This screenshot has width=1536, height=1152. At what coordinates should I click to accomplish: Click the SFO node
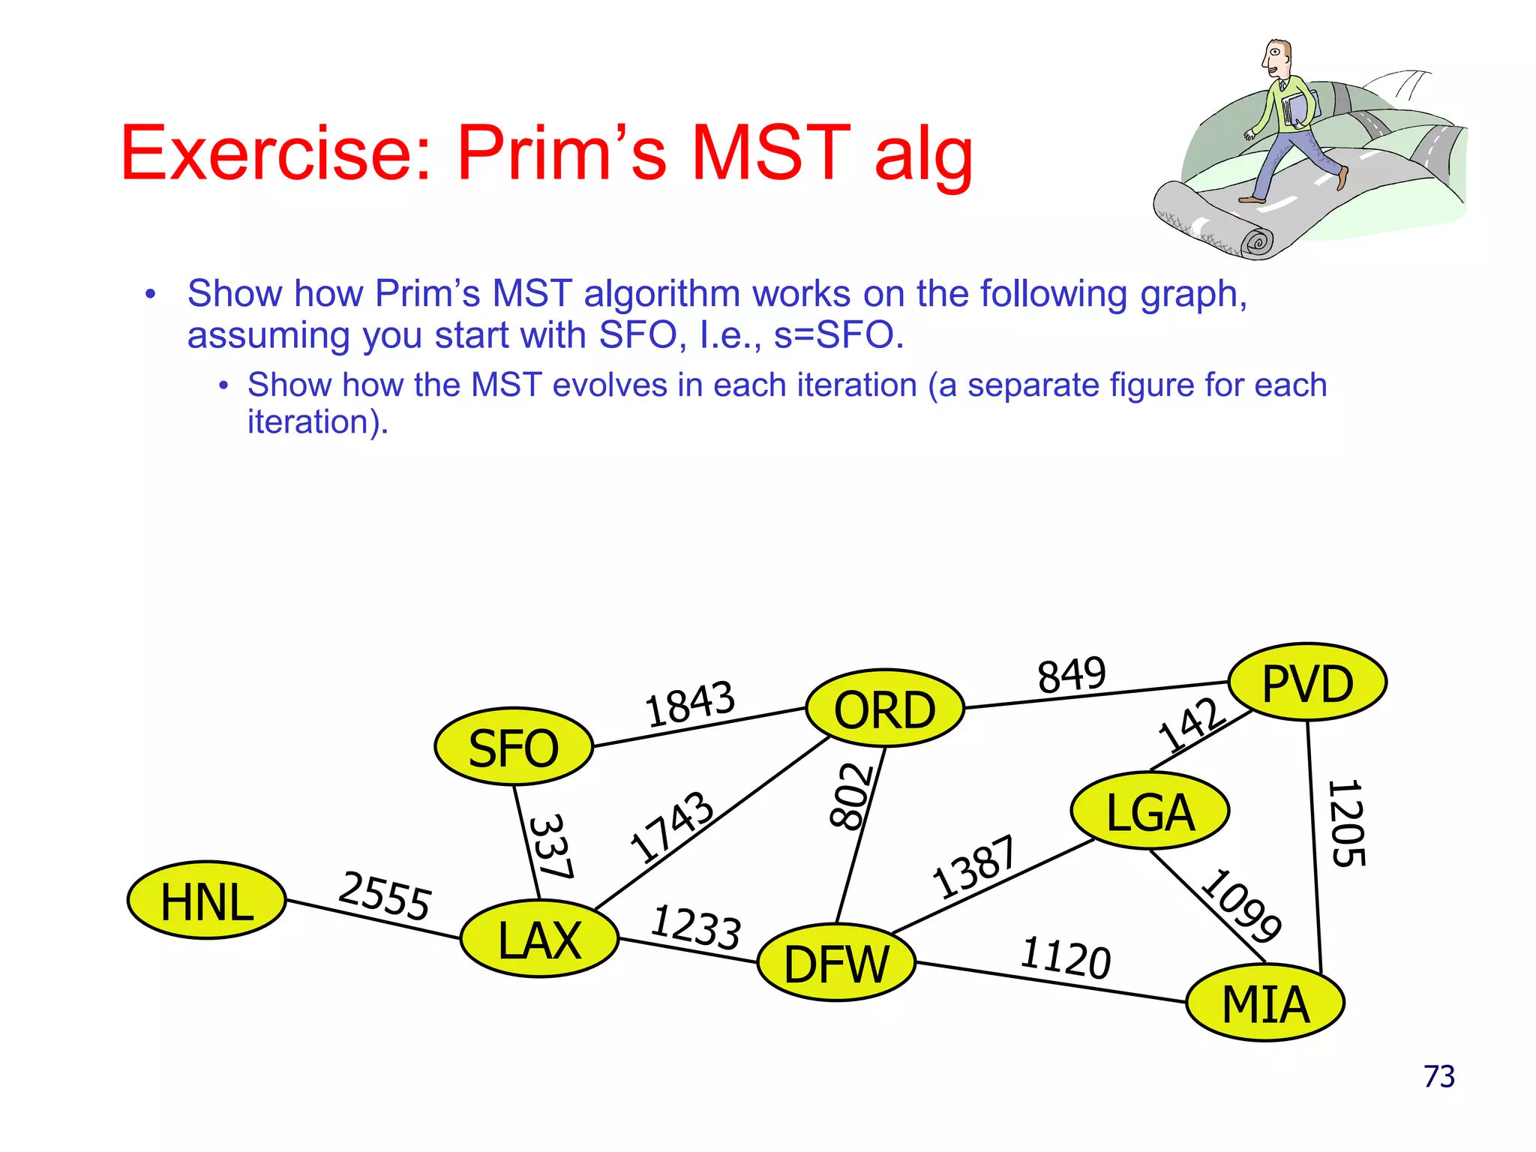pyautogui.click(x=514, y=747)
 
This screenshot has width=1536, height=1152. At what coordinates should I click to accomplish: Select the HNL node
pyautogui.click(x=206, y=901)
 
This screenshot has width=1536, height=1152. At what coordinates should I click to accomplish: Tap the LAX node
pyautogui.click(x=539, y=939)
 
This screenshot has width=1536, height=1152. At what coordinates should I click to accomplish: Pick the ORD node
pyautogui.click(x=884, y=709)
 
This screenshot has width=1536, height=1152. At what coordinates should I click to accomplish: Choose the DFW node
pyautogui.click(x=836, y=963)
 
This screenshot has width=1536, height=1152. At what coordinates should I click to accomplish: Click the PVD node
pyautogui.click(x=1307, y=682)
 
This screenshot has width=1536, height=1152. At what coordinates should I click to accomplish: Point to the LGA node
pyautogui.click(x=1150, y=811)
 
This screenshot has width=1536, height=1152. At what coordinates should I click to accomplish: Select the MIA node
pyautogui.click(x=1265, y=1003)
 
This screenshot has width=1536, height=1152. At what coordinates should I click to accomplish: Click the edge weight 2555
pyautogui.click(x=385, y=895)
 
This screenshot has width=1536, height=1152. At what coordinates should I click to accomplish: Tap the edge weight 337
pyautogui.click(x=551, y=846)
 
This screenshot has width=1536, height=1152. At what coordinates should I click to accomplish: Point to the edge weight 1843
pyautogui.click(x=690, y=703)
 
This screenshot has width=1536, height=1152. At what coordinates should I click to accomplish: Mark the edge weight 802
pyautogui.click(x=852, y=796)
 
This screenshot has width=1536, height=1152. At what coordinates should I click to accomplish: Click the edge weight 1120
pyautogui.click(x=1065, y=958)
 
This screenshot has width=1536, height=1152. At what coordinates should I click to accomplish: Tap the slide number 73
pyautogui.click(x=1438, y=1077)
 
